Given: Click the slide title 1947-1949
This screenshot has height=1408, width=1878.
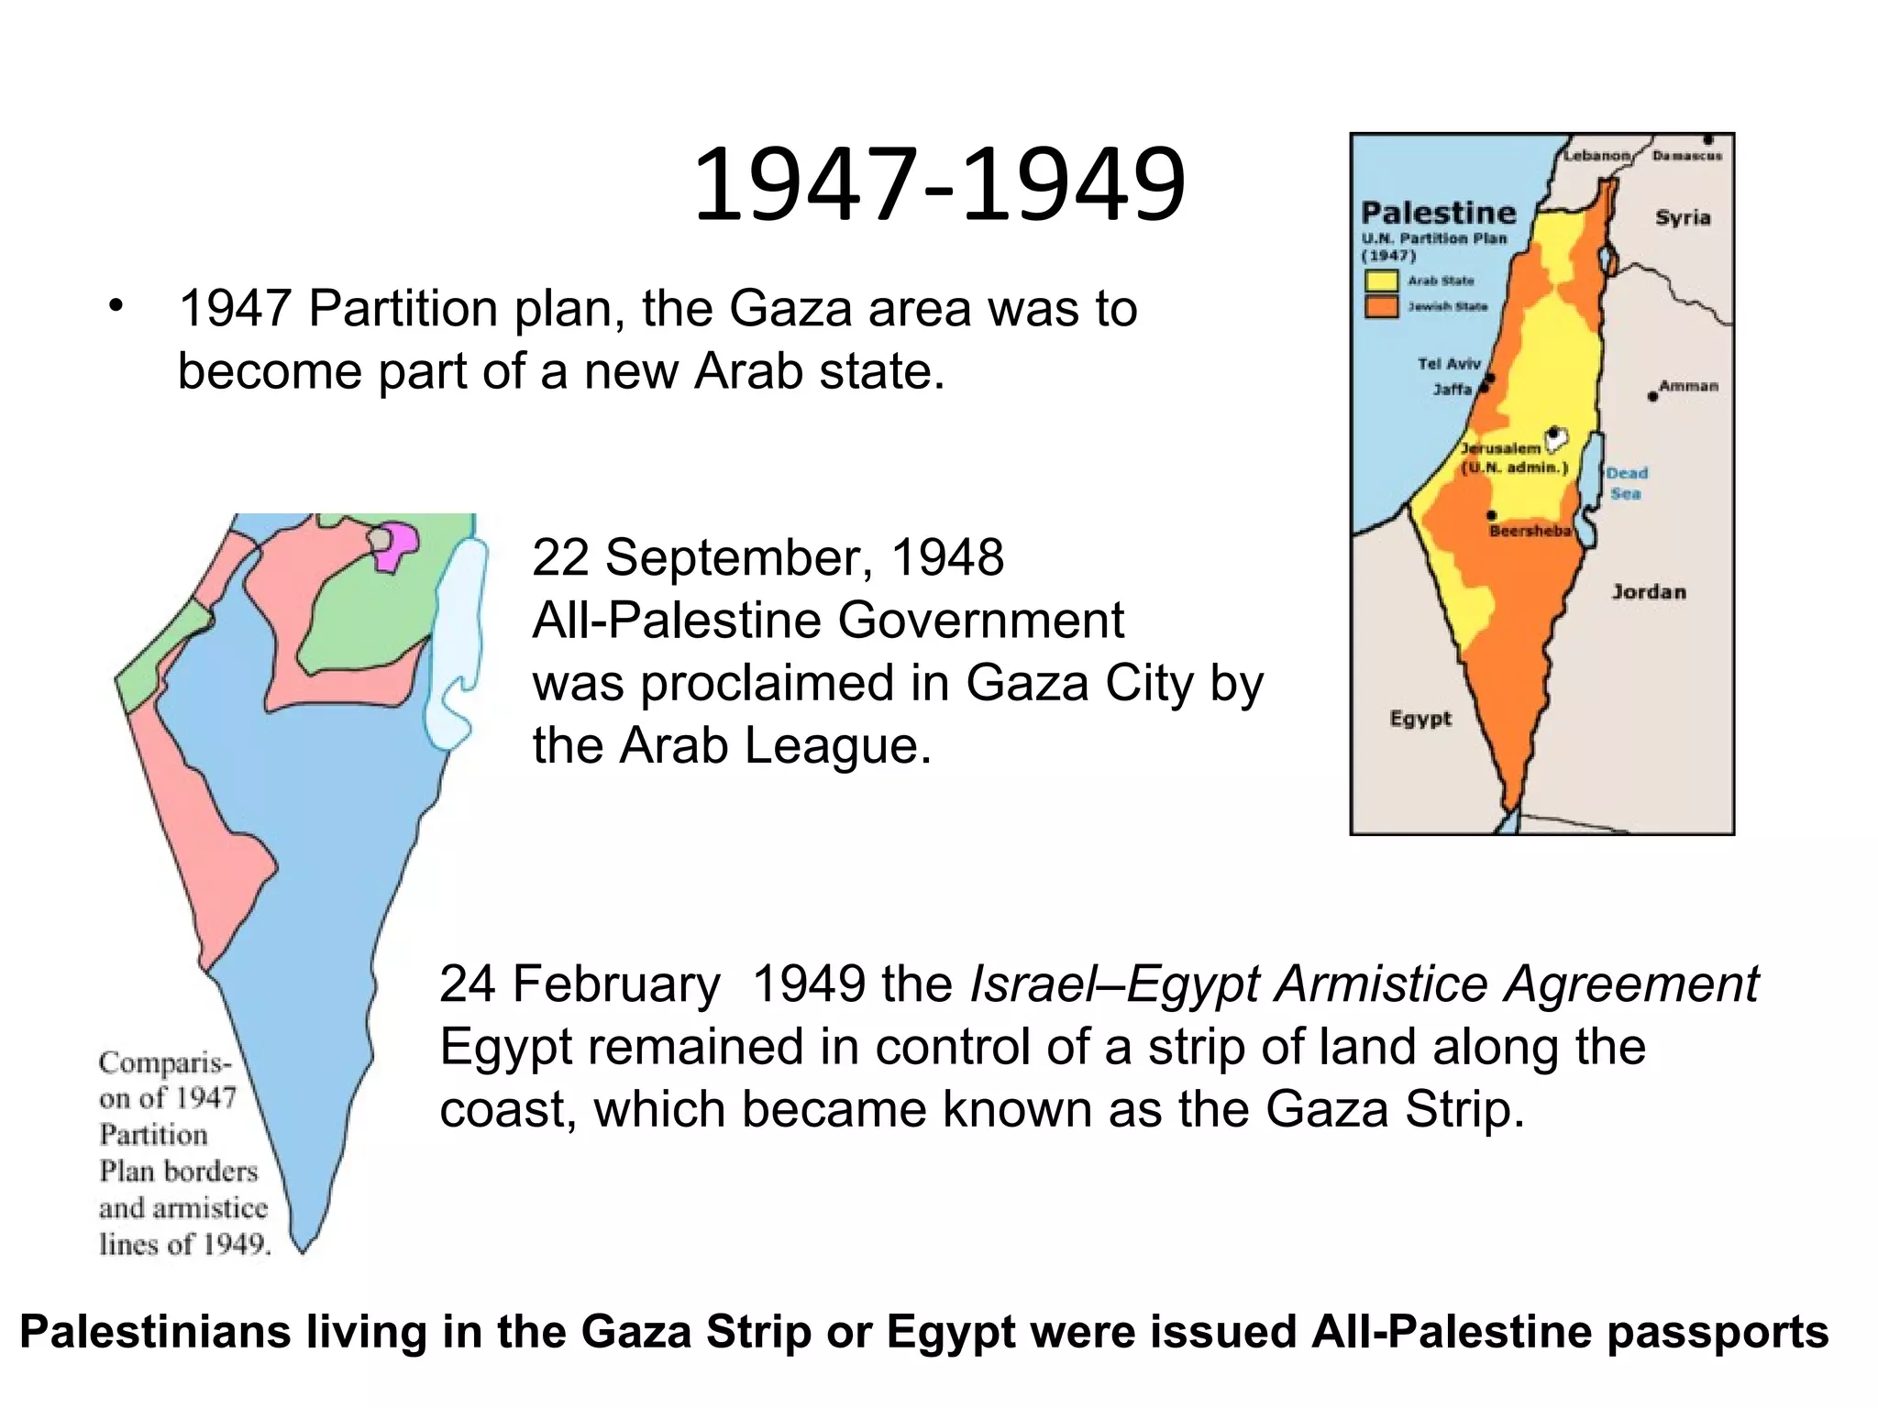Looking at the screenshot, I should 939,185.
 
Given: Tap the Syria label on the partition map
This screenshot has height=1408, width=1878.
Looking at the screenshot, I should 1682,218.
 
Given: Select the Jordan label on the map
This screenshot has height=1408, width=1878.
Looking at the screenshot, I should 1649,592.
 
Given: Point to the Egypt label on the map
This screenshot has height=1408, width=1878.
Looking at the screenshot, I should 1420,719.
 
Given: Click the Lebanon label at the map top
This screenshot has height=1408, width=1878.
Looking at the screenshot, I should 1596,156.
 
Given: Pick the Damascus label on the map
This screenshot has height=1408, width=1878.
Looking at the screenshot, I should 1686,156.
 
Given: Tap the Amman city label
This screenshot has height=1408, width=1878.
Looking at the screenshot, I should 1688,386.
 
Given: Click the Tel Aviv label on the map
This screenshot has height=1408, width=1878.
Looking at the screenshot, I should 1448,364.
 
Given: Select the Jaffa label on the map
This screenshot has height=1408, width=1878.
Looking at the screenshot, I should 1452,390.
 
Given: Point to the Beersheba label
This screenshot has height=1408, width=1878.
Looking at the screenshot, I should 1530,531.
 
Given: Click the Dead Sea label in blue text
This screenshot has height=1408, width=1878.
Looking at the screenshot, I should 1626,483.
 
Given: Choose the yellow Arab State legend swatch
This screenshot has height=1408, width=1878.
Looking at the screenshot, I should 1381,280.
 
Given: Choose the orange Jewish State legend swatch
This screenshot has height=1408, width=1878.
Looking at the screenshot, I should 1381,306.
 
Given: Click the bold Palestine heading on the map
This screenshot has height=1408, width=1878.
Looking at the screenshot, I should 1438,213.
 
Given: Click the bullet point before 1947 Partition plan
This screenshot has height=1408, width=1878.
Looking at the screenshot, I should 115,306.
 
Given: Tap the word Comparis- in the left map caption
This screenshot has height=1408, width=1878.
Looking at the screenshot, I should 165,1063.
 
